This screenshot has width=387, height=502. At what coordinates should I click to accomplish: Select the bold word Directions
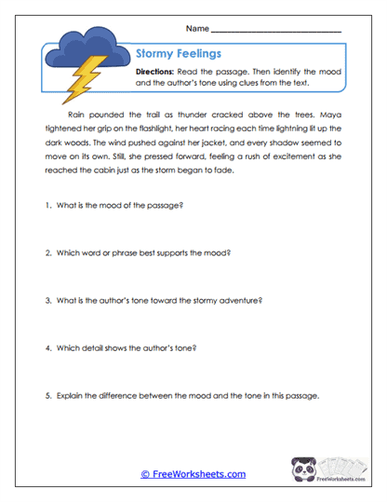pos(158,72)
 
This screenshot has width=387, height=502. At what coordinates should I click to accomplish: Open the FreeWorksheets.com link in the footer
pos(193,474)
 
